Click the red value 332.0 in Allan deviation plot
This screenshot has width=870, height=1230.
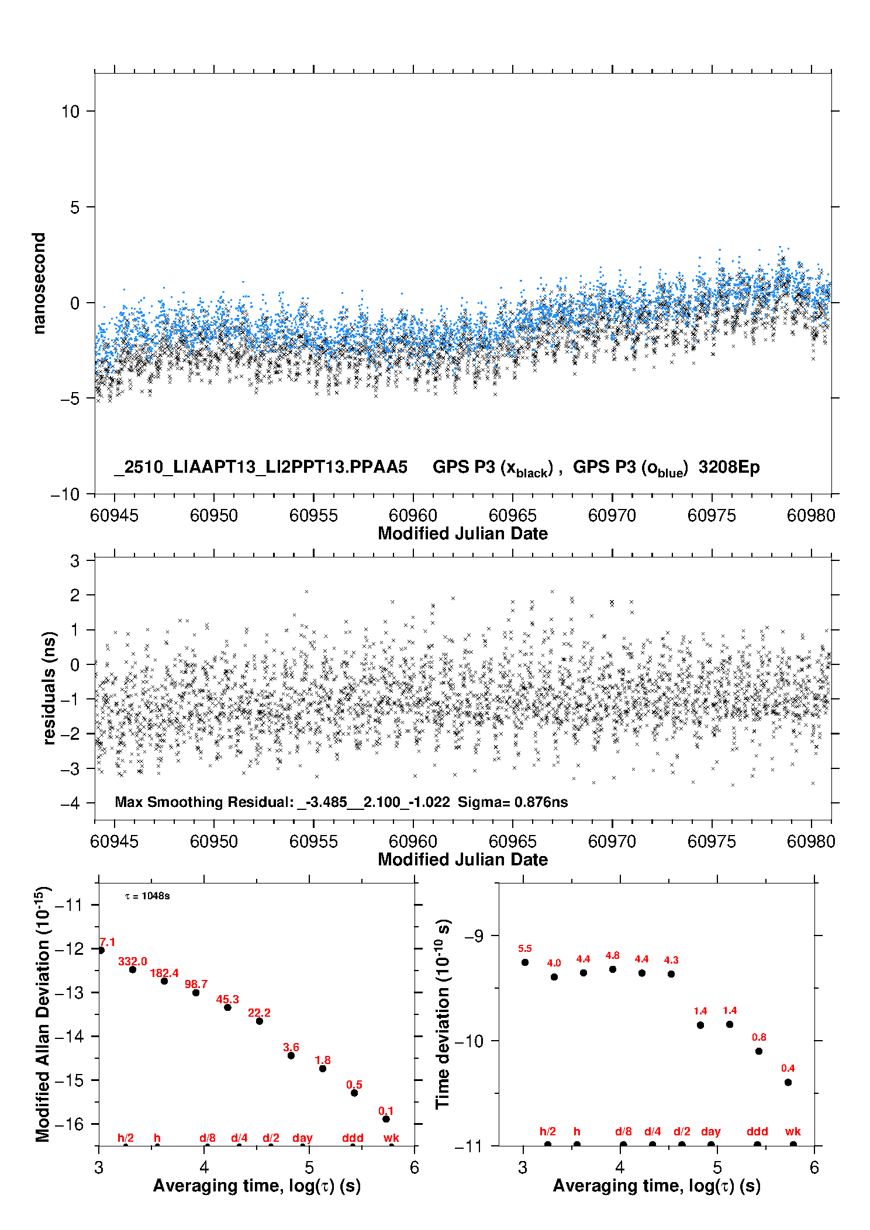click(x=133, y=961)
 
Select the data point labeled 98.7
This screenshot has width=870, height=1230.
click(x=196, y=992)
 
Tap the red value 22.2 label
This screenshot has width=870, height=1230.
click(x=259, y=1013)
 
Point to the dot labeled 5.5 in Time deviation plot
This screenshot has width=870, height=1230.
click(x=525, y=962)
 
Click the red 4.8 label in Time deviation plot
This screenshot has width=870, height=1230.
click(x=612, y=955)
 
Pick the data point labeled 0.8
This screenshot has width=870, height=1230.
click(x=759, y=1051)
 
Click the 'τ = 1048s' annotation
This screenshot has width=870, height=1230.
click(x=147, y=896)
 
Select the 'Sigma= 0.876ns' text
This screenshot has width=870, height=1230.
click(x=512, y=802)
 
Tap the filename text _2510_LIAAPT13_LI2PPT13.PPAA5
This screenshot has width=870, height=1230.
click(x=261, y=467)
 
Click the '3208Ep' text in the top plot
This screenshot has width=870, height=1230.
click(x=729, y=467)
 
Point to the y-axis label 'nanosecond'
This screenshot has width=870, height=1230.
click(x=39, y=283)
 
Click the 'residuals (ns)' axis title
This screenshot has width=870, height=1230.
click(x=49, y=688)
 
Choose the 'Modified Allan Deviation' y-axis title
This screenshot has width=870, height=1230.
click(x=43, y=1014)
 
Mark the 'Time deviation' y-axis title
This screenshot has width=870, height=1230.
click(x=443, y=1014)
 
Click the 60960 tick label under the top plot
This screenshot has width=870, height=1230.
click(x=413, y=515)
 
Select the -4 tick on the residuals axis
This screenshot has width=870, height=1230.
click(x=70, y=803)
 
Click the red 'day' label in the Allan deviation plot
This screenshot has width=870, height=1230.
click(x=302, y=1138)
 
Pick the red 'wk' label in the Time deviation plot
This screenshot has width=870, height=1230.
click(x=793, y=1131)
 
